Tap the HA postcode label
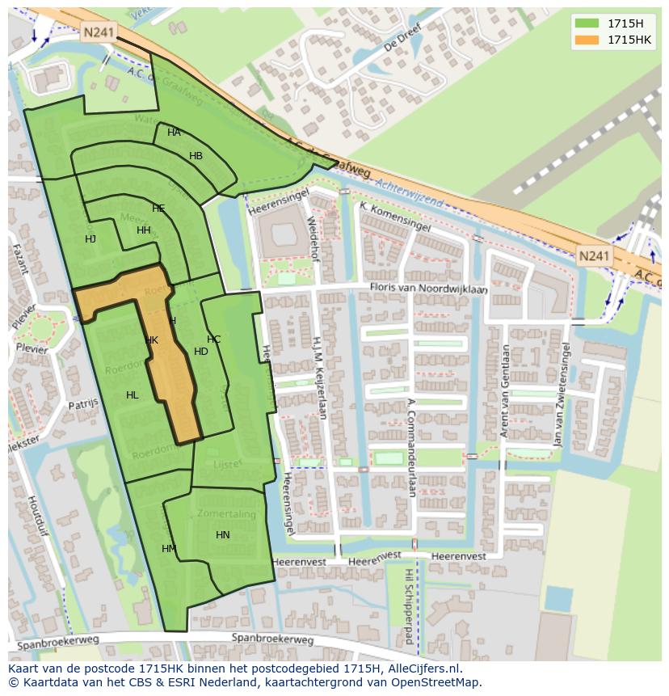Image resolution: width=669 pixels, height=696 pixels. coord(174,133)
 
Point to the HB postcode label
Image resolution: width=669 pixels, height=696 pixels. coord(196,156)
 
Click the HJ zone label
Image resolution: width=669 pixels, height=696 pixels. coord(90,239)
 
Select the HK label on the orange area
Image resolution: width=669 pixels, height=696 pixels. coord(151,340)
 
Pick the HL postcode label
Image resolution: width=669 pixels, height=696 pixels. coord(133,395)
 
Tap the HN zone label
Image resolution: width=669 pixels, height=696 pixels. coord(223,535)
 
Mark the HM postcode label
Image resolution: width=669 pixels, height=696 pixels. coord(168,549)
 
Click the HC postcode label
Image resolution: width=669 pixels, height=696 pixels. coord(213,340)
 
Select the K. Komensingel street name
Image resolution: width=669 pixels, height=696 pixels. coord(395,217)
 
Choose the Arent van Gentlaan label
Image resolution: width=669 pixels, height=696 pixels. coord(504,391)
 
